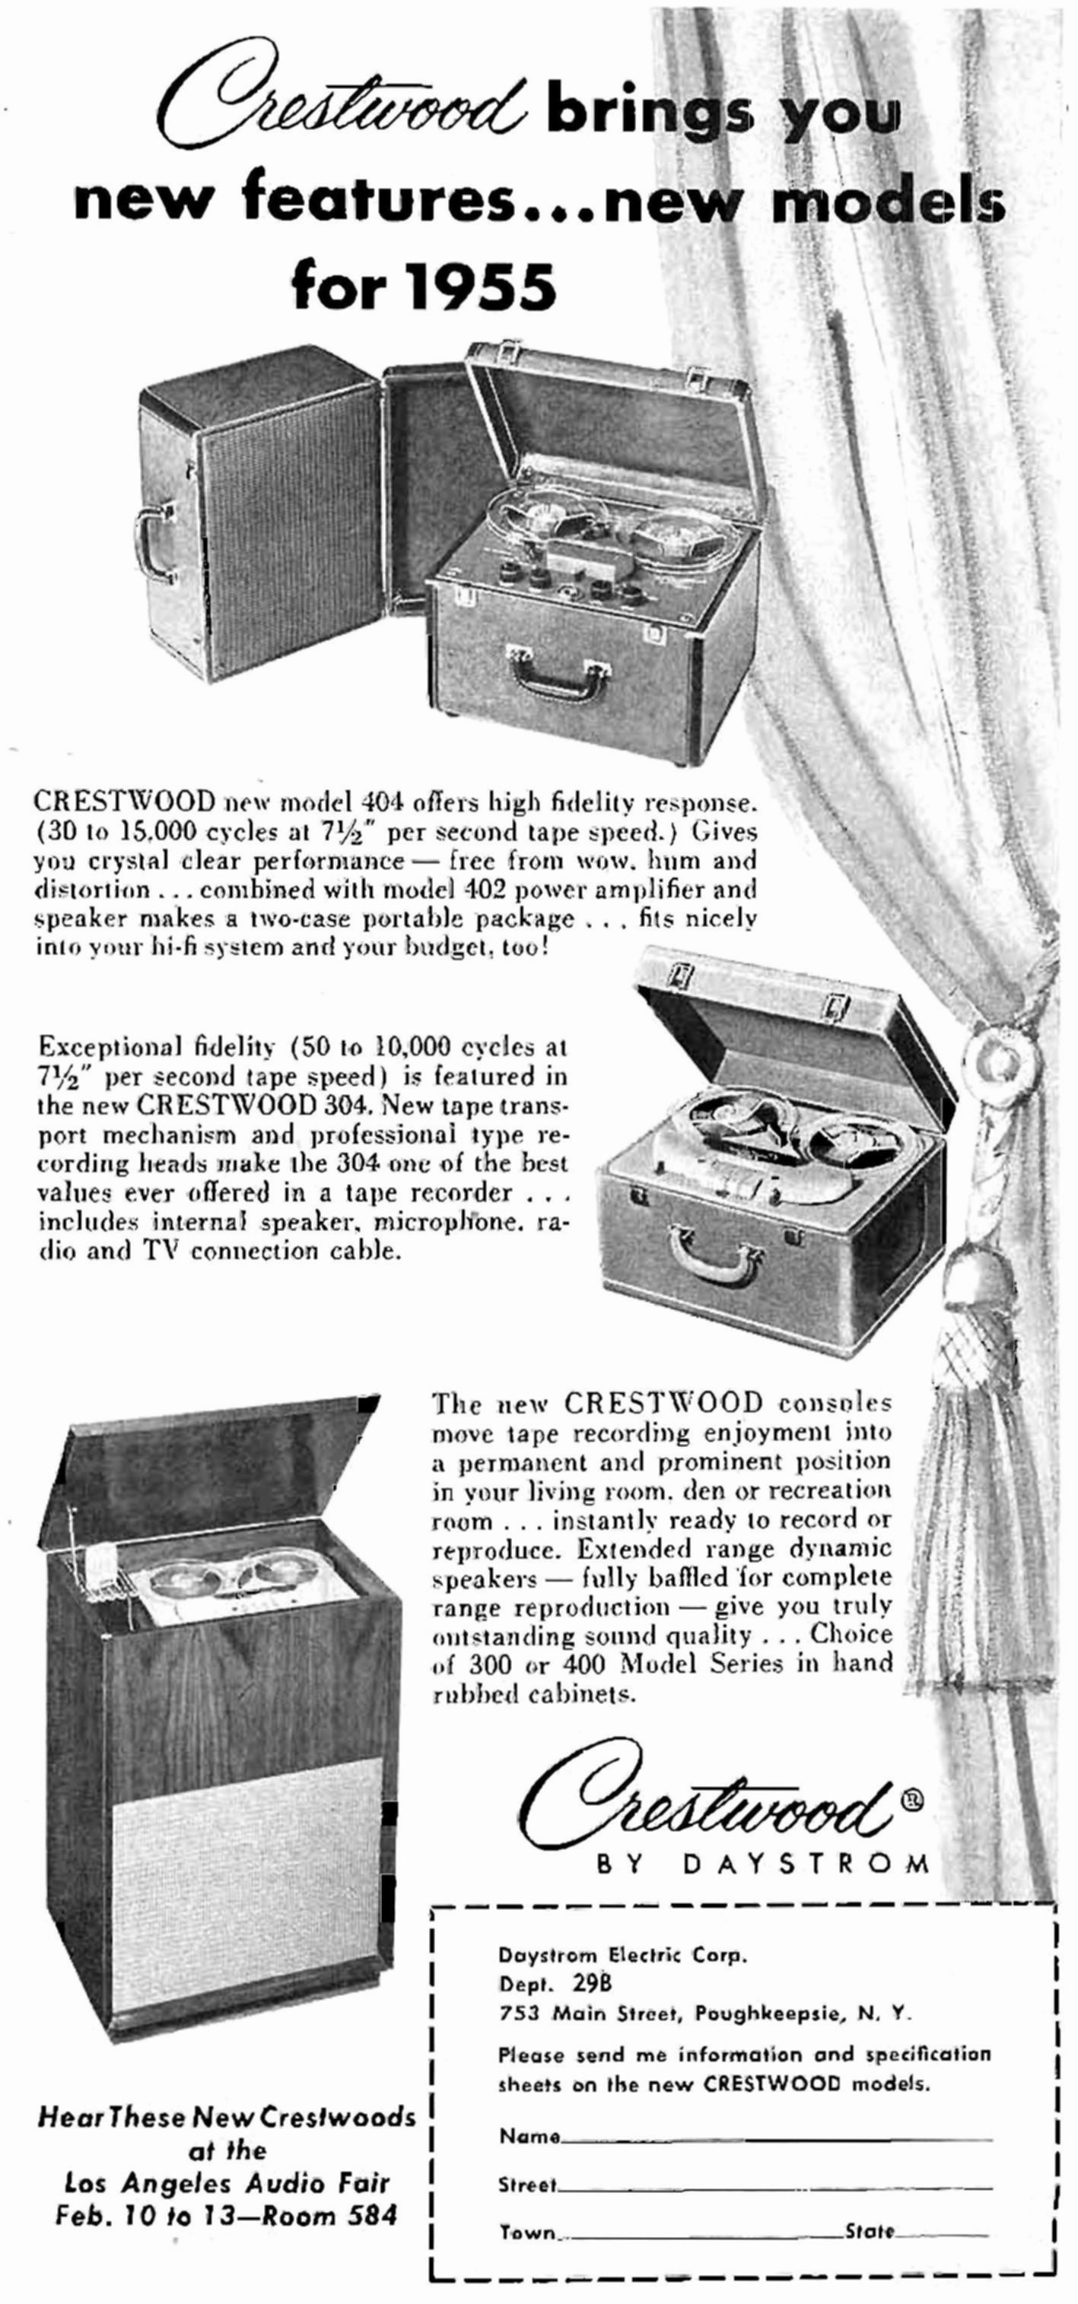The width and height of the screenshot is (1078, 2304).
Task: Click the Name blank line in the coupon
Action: [x=777, y=2140]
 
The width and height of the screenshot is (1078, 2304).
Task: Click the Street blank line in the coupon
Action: [x=774, y=2188]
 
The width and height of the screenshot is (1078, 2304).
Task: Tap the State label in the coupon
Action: [x=870, y=2231]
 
